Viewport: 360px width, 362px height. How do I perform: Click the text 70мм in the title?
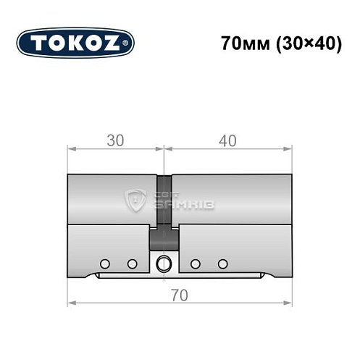pyautogui.click(x=242, y=43)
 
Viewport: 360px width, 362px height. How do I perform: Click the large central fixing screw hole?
pyautogui.click(x=164, y=263)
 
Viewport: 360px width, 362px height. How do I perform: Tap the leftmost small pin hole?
pyautogui.click(x=105, y=263)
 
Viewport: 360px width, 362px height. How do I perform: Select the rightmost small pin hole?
pyautogui.click(x=223, y=263)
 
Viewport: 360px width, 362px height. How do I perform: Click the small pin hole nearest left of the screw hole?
pyautogui.click(x=132, y=263)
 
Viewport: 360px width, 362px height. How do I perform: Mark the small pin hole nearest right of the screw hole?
pyautogui.click(x=196, y=263)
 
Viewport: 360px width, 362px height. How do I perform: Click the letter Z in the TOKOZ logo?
pyautogui.click(x=117, y=43)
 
